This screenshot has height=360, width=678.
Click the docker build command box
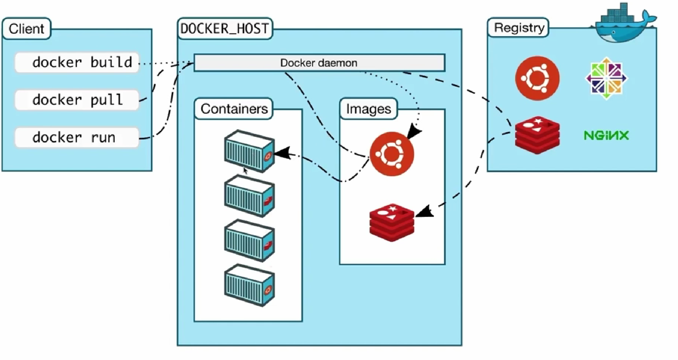(x=77, y=62)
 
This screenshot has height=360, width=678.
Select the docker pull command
(x=77, y=100)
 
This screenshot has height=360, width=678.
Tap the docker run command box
(x=77, y=137)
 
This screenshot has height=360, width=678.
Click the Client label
(x=26, y=29)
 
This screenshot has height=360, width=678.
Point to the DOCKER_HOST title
(x=225, y=29)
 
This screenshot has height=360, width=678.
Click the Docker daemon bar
(x=319, y=63)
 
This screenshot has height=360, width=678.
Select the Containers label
(x=234, y=109)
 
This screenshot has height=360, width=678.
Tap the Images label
(x=368, y=109)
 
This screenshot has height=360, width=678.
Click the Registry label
(x=519, y=28)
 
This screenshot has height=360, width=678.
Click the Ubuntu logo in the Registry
(x=537, y=78)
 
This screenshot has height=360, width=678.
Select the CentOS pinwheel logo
(x=606, y=78)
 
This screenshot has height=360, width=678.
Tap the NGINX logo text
(x=606, y=135)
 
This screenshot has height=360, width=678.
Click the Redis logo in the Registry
(x=537, y=135)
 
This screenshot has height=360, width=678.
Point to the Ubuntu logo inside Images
(x=391, y=154)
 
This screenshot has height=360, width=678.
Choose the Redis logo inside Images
(x=391, y=222)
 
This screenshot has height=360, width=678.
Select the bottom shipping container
(x=249, y=285)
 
